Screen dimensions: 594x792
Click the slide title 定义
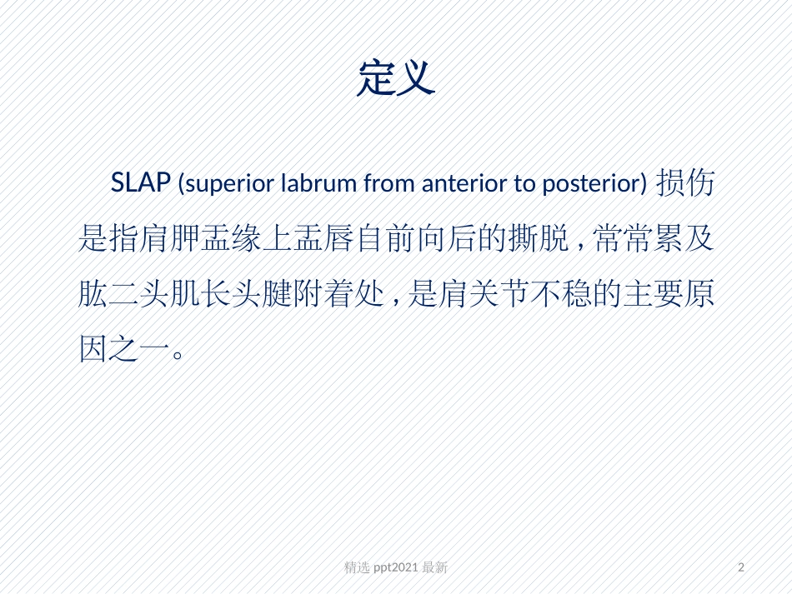tap(396, 79)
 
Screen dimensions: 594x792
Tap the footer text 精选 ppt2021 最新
tap(396, 567)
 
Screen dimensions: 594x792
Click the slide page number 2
tap(742, 567)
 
